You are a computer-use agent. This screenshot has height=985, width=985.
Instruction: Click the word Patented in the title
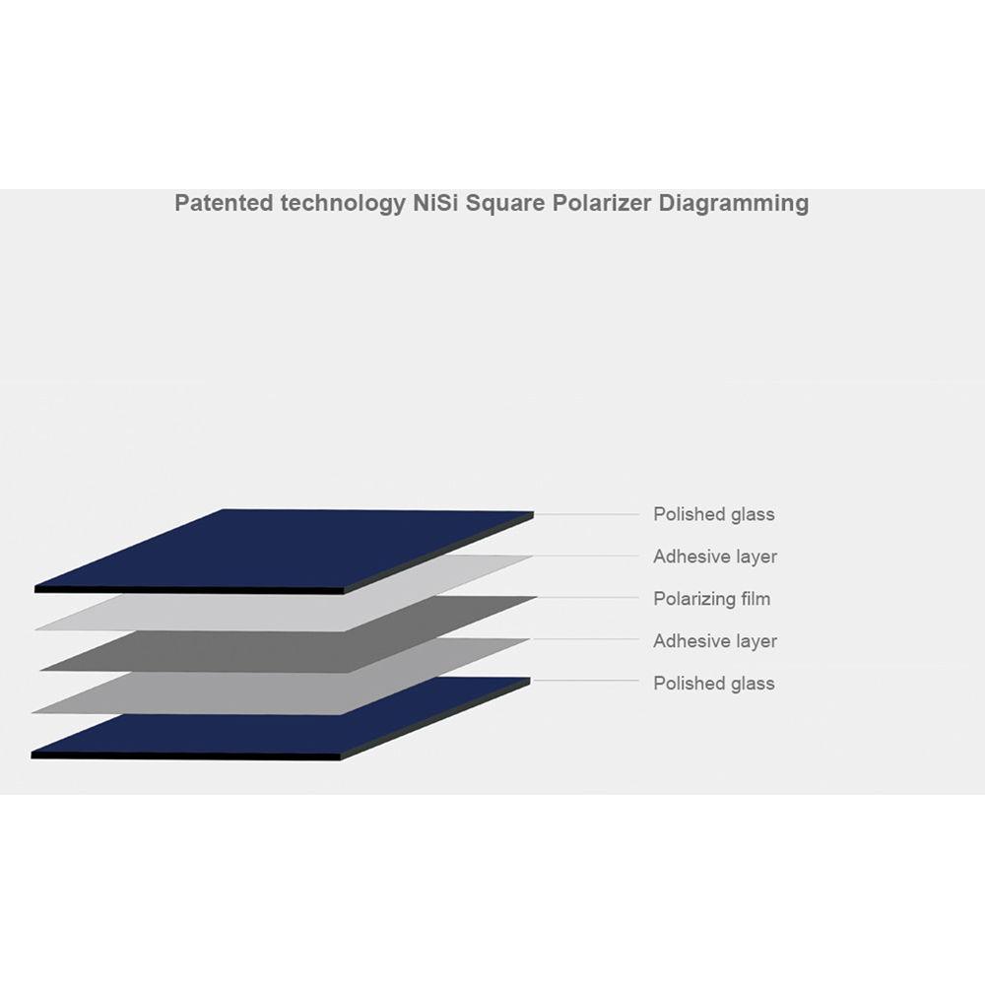coord(225,203)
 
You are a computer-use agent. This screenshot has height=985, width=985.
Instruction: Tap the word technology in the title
coord(343,204)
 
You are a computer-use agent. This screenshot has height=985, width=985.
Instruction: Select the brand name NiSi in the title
coord(435,203)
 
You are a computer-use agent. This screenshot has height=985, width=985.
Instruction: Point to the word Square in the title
coord(505,204)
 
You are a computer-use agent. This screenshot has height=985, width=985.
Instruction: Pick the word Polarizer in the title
coord(602,203)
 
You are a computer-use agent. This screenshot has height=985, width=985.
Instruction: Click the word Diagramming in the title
coord(733,204)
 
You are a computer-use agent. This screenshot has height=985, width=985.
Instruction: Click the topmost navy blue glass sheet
coord(284,551)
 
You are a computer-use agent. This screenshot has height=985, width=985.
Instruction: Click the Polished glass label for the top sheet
coord(713,514)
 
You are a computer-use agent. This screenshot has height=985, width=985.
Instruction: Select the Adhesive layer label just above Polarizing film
coord(715,557)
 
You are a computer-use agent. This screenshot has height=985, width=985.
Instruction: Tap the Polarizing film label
coord(712,599)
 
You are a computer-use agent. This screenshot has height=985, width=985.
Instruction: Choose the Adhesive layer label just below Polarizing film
coord(715,641)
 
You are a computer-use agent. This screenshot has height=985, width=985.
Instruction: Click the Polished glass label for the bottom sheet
coord(713,683)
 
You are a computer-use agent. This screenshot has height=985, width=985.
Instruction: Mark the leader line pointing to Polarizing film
coord(589,598)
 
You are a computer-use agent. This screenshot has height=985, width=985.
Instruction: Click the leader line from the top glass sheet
coord(587,514)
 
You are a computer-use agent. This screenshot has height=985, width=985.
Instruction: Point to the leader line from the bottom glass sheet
coord(585,681)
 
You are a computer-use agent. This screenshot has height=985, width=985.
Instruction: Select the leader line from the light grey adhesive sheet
coord(587,556)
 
